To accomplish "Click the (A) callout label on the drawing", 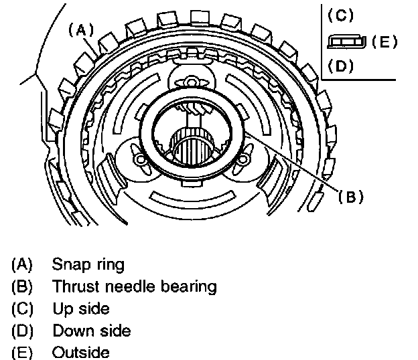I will coord(79,29).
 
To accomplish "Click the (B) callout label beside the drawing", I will coord(350,197).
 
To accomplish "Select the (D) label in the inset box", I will coord(341,67).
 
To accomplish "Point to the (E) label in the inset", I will coord(384,41).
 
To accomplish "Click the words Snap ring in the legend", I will coord(88,264).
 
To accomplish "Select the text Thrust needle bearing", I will coord(134,287).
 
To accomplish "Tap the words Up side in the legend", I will coord(80,309).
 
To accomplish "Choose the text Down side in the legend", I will coord(91,331).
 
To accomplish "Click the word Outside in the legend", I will coord(80,353).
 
